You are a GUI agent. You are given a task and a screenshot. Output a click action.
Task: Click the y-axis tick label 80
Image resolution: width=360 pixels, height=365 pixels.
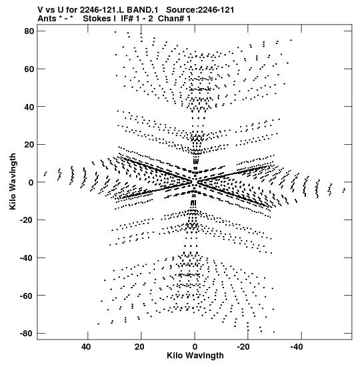click(29, 31)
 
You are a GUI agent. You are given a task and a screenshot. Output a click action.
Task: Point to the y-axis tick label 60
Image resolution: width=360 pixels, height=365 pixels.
click(29, 69)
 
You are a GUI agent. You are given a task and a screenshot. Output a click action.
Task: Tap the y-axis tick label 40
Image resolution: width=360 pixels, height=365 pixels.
click(29, 107)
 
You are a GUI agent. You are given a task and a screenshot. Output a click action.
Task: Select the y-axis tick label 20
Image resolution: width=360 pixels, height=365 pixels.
click(29, 145)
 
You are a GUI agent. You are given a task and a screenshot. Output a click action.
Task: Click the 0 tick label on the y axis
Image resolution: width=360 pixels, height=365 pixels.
click(31, 183)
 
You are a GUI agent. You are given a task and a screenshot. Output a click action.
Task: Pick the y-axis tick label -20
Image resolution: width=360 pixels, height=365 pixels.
click(27, 220)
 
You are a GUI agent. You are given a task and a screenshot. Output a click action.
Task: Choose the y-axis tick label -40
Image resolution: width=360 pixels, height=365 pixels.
click(27, 258)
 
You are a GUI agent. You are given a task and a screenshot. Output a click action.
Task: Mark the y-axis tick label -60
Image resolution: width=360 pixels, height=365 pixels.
click(27, 296)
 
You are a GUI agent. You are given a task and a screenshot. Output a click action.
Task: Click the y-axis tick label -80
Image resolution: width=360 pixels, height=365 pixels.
click(27, 334)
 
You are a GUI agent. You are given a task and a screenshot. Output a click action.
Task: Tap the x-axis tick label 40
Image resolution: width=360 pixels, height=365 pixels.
click(86, 347)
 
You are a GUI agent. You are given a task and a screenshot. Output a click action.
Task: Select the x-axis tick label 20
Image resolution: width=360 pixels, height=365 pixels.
click(139, 347)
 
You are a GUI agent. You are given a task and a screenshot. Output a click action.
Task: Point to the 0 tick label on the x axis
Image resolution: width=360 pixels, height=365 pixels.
click(195, 347)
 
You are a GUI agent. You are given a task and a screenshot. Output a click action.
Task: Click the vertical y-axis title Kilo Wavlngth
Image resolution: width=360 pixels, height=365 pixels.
click(13, 181)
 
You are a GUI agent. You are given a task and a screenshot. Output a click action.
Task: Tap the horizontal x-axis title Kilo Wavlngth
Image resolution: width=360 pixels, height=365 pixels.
click(195, 356)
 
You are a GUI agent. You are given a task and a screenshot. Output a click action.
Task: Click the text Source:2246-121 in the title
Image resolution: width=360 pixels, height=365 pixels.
click(200, 10)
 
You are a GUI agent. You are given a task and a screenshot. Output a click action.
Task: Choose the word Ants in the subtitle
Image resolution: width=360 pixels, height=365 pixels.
click(47, 19)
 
